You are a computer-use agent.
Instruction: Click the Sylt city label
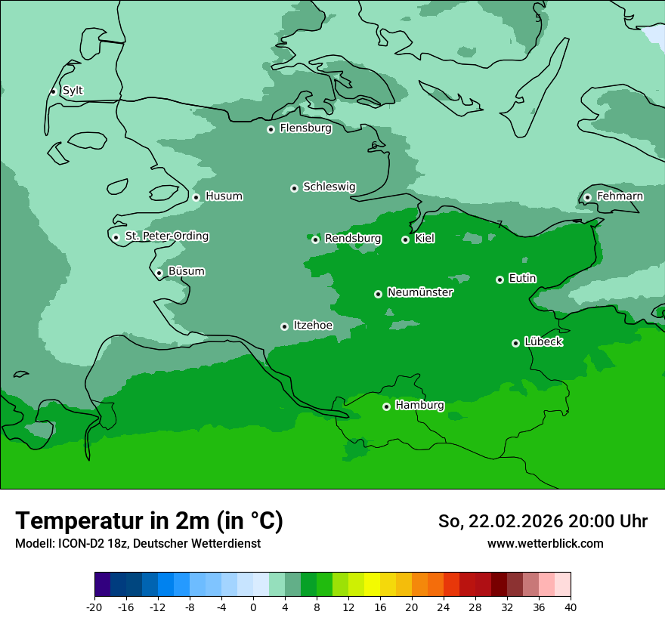[x=73, y=91]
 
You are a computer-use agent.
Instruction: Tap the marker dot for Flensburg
[x=271, y=129]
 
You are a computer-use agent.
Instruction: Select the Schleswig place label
[x=329, y=187]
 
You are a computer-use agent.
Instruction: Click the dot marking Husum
[x=196, y=197]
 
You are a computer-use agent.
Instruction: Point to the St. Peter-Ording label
[x=166, y=236]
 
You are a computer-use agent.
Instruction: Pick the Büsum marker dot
[x=159, y=273]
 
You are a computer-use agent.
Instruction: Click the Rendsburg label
[x=352, y=239]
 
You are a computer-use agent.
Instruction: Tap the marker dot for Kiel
[x=405, y=239]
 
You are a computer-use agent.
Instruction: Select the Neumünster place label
[x=419, y=292]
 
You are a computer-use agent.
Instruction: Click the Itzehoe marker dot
[x=284, y=326]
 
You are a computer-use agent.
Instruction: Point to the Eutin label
[x=522, y=279]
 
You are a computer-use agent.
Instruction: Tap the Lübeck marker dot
[x=515, y=343]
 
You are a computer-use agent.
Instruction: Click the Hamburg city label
[x=419, y=406]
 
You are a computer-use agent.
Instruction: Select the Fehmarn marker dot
[x=587, y=197]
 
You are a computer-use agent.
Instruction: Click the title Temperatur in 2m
[x=149, y=520]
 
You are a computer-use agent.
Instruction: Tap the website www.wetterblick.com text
[x=545, y=543]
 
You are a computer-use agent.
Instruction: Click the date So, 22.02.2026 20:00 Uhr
[x=543, y=521]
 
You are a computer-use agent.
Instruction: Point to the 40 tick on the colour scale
[x=570, y=607]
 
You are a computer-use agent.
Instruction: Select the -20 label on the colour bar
[x=94, y=607]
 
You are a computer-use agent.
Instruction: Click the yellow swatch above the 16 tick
[x=379, y=585]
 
